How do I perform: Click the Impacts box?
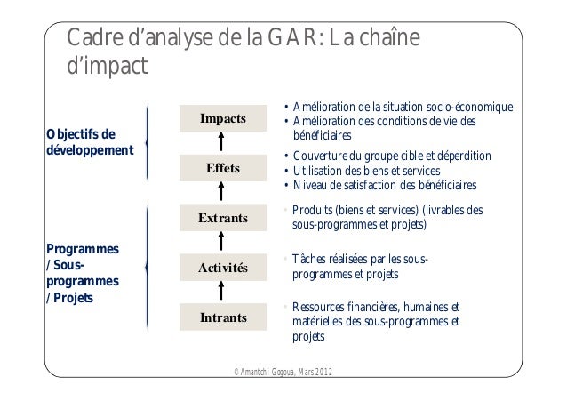tap(224, 118)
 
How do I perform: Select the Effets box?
tap(224, 168)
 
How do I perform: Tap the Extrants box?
tap(224, 218)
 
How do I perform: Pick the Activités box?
tap(224, 268)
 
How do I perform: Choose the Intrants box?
tap(224, 317)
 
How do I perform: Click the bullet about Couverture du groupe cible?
tap(392, 156)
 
